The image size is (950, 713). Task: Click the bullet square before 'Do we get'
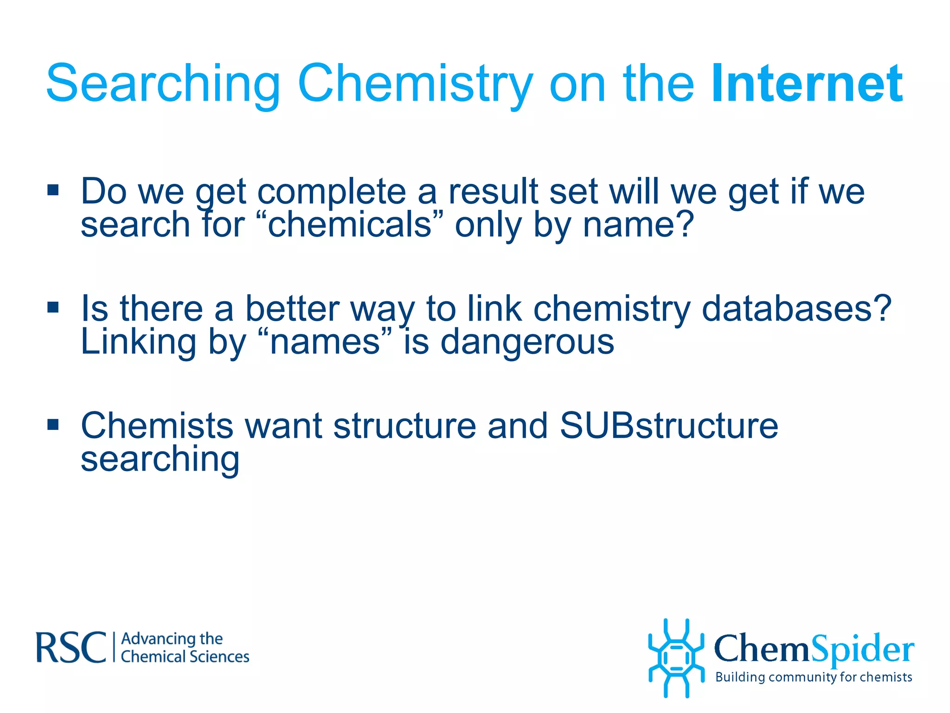point(53,190)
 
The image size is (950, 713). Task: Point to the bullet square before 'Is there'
point(53,307)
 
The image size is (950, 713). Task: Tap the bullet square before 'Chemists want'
point(53,424)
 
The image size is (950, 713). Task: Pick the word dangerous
point(527,343)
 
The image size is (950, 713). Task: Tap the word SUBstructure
point(668,426)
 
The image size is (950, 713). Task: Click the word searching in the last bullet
point(160,460)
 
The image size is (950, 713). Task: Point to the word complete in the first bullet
point(331,192)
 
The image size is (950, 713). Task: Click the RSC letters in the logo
point(71,647)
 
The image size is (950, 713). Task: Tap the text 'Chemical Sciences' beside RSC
point(185,657)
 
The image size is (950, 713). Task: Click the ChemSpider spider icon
point(676,658)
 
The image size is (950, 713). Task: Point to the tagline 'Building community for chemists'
point(813,677)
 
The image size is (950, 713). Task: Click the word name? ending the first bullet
point(638,225)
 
